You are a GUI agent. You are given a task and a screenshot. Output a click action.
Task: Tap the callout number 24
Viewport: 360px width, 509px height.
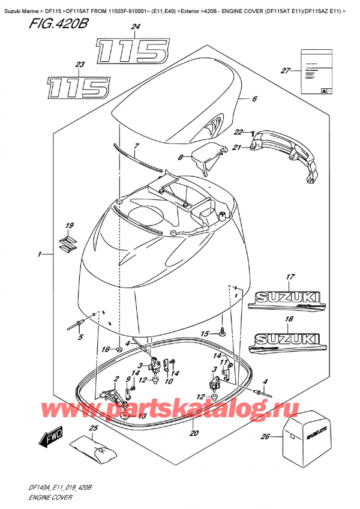(x=135, y=27)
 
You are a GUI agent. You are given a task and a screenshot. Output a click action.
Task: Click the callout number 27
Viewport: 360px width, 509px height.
(x=285, y=71)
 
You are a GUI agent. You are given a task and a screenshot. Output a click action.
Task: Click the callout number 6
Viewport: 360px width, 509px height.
(x=254, y=100)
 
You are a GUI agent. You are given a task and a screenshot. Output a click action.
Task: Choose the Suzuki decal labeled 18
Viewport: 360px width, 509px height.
(x=289, y=342)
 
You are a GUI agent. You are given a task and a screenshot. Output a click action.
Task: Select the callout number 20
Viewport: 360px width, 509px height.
(x=194, y=433)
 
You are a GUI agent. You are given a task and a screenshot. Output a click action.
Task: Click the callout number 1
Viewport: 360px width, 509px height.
(x=40, y=254)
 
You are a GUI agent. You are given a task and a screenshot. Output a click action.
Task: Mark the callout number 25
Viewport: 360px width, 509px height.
(x=93, y=428)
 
